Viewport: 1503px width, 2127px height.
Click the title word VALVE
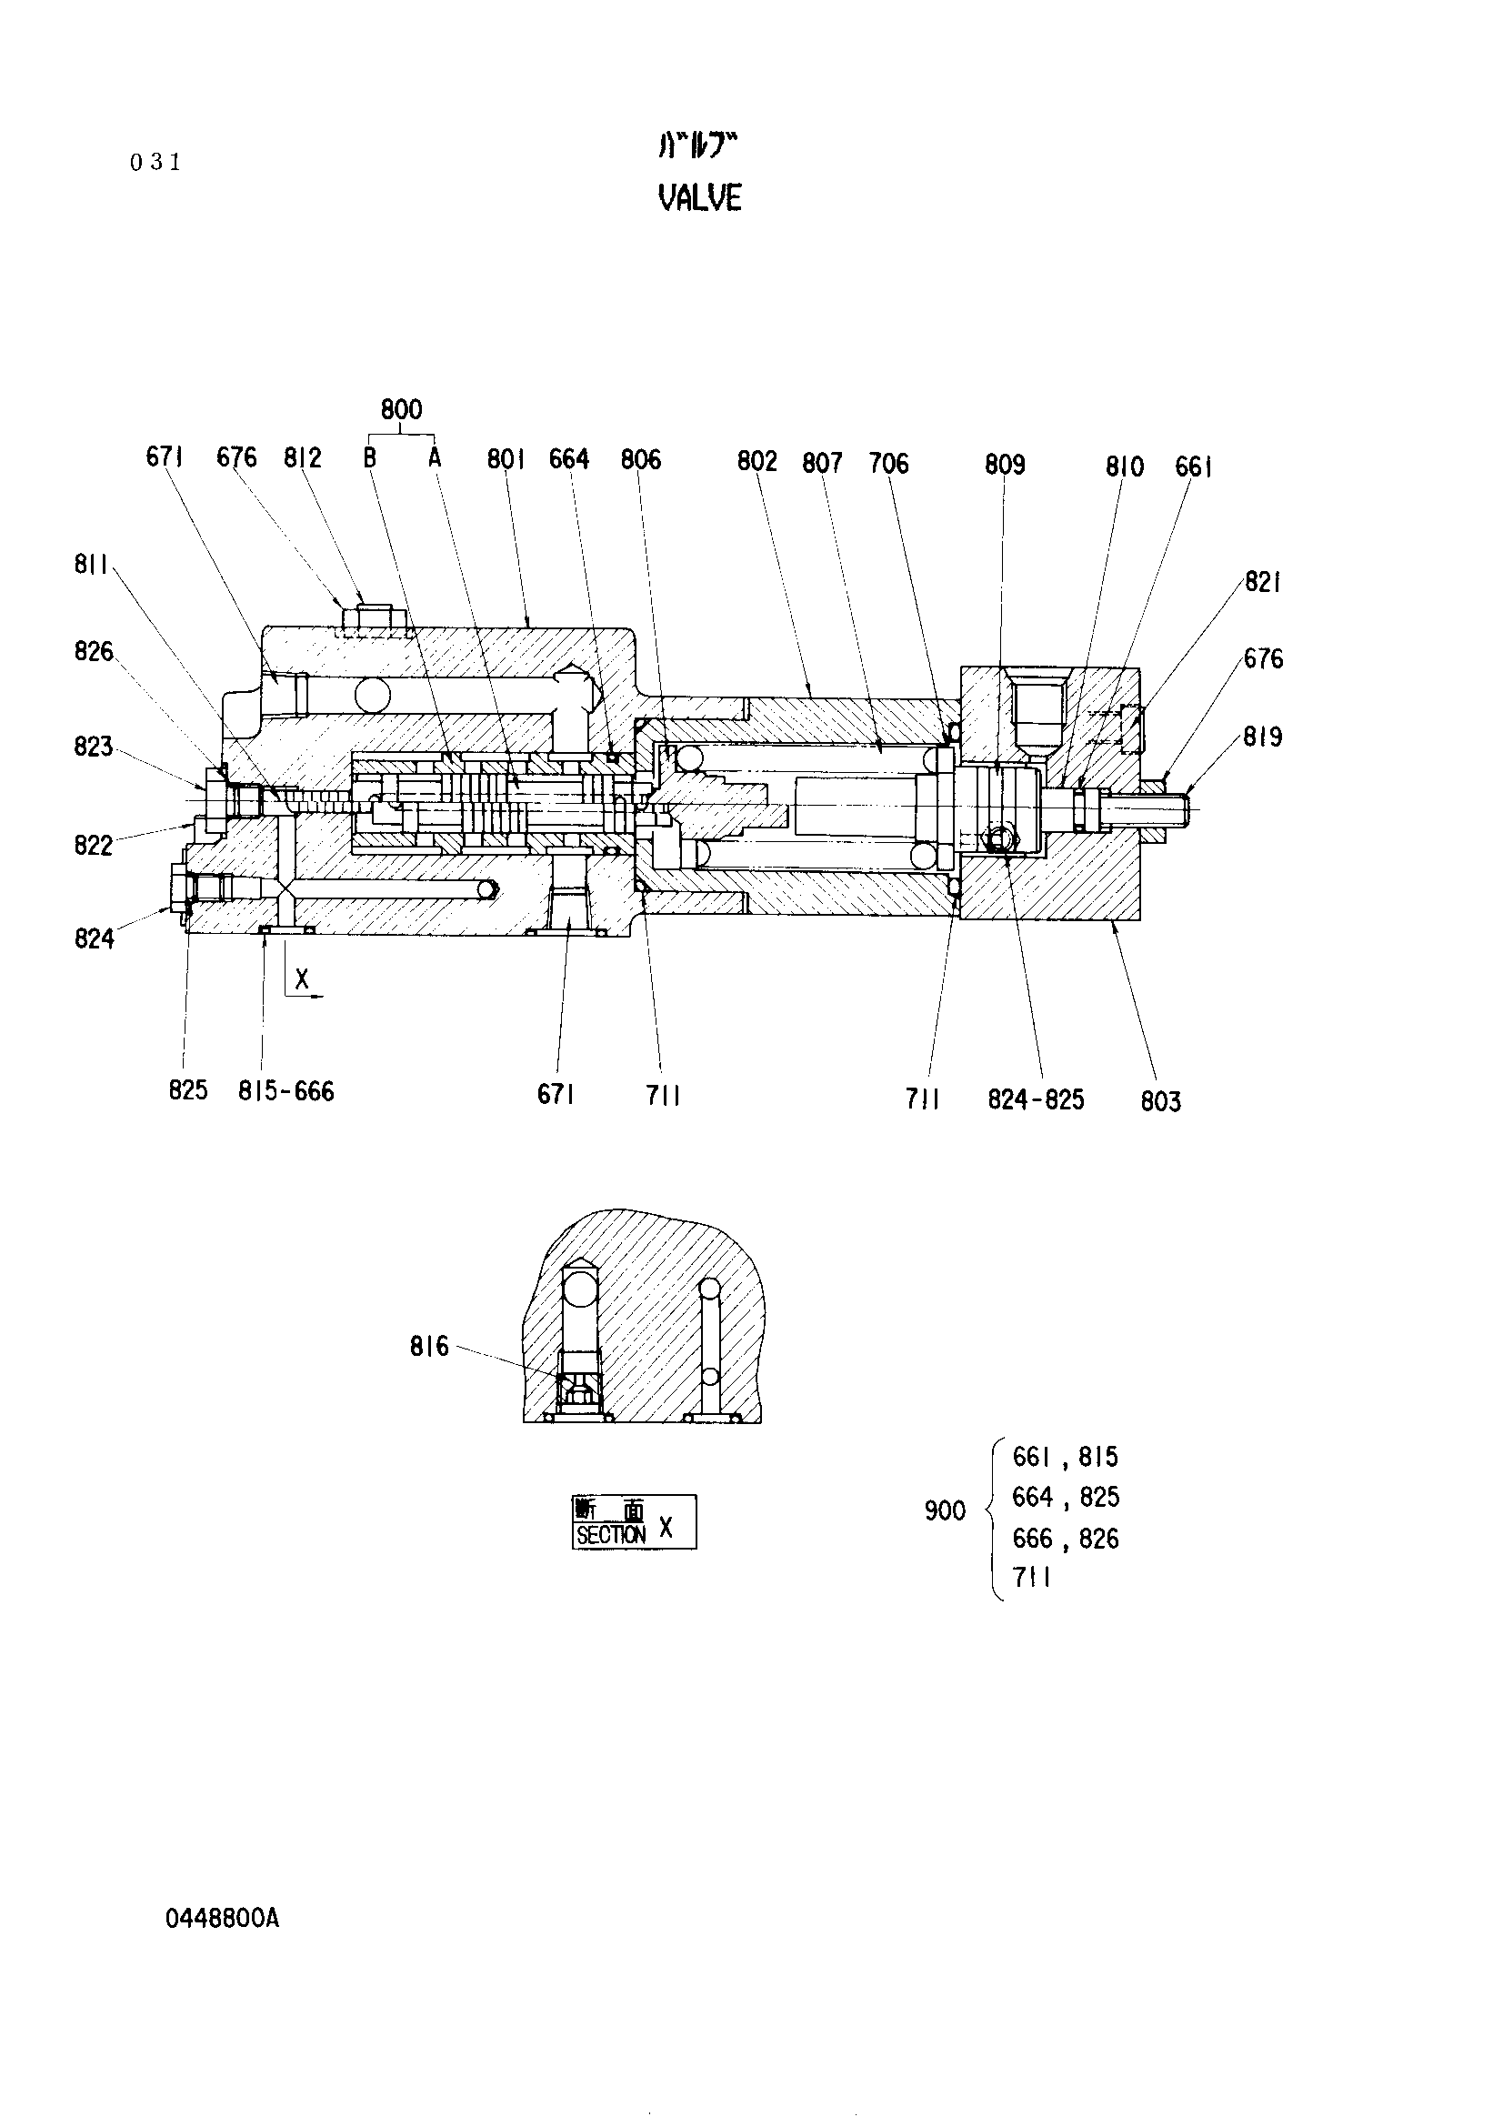[x=699, y=197]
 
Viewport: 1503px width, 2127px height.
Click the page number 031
[x=155, y=162]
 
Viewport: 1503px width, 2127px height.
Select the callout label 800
[x=401, y=409]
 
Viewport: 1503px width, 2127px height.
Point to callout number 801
[x=506, y=458]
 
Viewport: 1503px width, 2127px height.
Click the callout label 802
[x=757, y=460]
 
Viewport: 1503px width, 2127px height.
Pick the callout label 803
[x=1160, y=1101]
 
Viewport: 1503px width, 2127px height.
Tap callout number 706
[x=888, y=463]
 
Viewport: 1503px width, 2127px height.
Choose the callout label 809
[x=1005, y=464]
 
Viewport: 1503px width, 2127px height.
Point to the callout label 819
[x=1263, y=737]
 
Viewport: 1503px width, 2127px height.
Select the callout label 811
[x=92, y=564]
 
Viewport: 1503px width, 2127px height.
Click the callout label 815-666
[x=286, y=1091]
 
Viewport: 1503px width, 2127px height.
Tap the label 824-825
[x=1036, y=1099]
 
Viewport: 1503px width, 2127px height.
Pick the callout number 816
[x=429, y=1346]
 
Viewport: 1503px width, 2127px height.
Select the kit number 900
[x=945, y=1511]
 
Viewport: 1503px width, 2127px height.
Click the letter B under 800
[x=369, y=457]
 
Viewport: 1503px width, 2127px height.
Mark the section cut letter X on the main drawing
[x=301, y=978]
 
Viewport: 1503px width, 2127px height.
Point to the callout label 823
[x=93, y=747]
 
